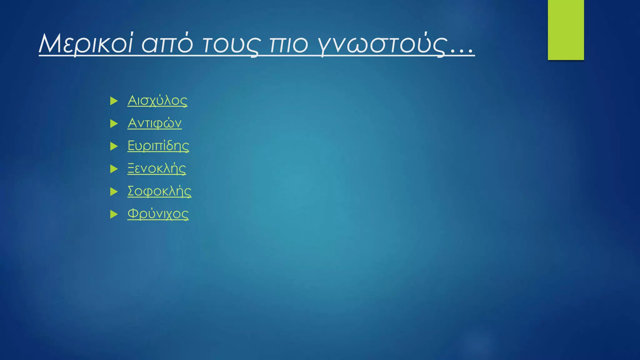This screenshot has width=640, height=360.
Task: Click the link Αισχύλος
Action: point(157,101)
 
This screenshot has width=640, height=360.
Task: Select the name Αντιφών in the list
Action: point(154,123)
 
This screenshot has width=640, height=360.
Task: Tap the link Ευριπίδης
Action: point(158,146)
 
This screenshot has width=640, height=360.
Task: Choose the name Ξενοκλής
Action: point(157,169)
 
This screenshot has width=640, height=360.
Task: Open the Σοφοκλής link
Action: point(159,191)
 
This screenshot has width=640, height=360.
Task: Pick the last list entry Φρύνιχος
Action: point(158,214)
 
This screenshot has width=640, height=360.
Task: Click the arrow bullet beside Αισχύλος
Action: point(114,101)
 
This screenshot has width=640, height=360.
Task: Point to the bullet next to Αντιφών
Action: point(114,124)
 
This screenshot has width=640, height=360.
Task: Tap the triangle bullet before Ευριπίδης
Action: point(114,146)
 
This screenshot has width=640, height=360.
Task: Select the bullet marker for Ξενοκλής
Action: point(114,169)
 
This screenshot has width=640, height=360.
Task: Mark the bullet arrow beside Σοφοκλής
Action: point(114,192)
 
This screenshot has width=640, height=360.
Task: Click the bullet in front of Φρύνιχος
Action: point(114,214)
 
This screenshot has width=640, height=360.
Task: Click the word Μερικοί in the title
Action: point(86,44)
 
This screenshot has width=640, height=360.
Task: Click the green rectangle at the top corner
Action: point(566,30)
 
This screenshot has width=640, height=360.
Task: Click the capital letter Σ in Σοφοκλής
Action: point(131,191)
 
